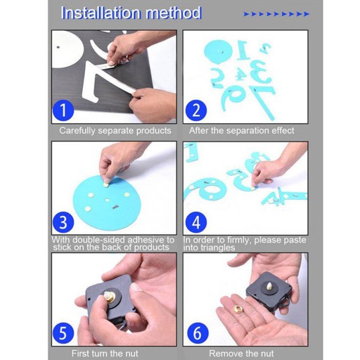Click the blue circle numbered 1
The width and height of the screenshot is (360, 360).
coord(63,110)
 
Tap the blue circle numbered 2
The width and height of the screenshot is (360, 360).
coord(196,110)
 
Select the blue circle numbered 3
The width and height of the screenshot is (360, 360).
coord(63,222)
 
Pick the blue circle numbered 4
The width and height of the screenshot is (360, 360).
coord(196,222)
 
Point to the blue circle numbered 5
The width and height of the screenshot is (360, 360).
coord(63,333)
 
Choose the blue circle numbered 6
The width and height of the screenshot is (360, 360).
coord(198,333)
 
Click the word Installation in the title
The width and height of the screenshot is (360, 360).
coord(101,13)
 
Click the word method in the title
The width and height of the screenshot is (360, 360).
coord(174,13)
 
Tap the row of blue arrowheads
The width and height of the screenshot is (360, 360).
coord(276,14)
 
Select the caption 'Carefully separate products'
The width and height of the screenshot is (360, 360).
coord(115,131)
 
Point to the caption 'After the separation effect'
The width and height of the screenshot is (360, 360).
coord(242,131)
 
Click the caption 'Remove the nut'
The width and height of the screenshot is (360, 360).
coord(241,353)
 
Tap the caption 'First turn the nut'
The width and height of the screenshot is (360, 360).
coord(105,353)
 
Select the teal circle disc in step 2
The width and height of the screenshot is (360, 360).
coord(218,52)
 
